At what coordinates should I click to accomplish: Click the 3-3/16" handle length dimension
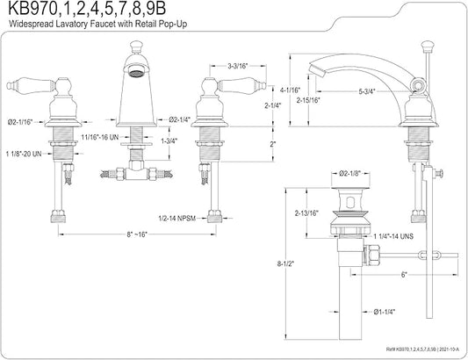(238, 66)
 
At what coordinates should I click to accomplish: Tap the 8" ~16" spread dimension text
(137, 234)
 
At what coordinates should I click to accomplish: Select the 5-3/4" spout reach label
(367, 91)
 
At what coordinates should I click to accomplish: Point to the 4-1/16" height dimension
(290, 90)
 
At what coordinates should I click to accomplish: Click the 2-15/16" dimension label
(308, 100)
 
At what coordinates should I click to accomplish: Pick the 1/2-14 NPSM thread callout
(176, 219)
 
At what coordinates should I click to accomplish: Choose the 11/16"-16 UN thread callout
(100, 137)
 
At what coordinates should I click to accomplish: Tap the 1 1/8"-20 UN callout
(24, 154)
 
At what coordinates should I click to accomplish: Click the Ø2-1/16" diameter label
(20, 122)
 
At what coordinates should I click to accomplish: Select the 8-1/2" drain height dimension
(285, 263)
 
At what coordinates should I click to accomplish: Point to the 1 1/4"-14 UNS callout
(393, 236)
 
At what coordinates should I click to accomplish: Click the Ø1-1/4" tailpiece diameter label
(384, 312)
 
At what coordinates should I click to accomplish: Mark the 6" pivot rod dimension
(404, 275)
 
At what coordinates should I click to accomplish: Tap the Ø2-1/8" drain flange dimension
(350, 173)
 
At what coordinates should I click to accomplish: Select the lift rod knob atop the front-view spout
(136, 46)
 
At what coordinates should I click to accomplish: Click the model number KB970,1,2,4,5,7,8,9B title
(87, 10)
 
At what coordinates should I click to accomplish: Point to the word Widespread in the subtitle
(31, 24)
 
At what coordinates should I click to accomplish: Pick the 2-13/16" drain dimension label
(306, 213)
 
